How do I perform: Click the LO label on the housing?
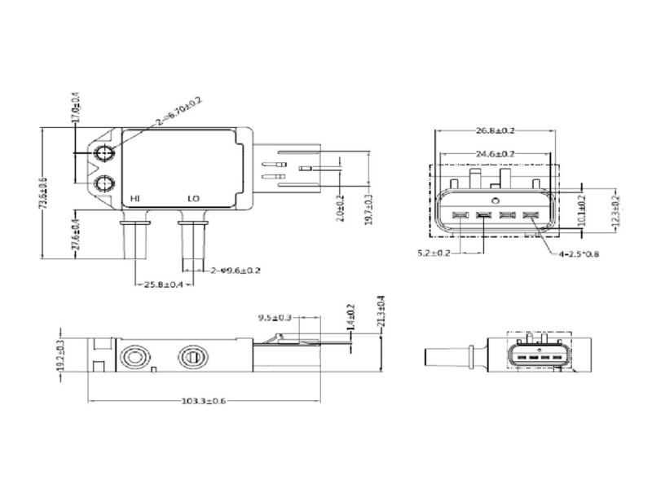(194, 198)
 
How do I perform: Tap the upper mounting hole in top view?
(104, 155)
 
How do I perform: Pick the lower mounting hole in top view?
(104, 183)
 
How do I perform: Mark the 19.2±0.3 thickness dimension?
(59, 356)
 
